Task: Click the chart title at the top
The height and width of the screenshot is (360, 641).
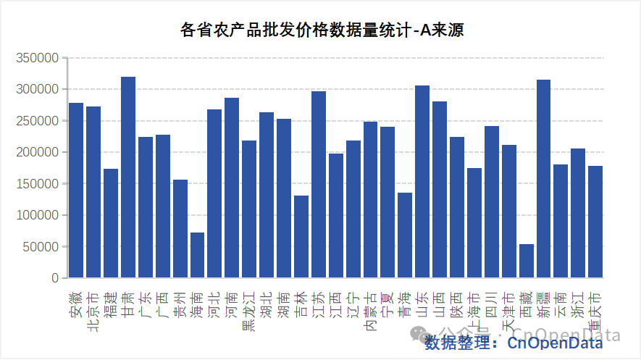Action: coord(322,30)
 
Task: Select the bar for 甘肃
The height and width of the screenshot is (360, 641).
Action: coord(128,177)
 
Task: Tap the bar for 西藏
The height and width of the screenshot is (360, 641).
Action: coord(527,261)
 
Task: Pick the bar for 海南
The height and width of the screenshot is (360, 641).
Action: coord(197,255)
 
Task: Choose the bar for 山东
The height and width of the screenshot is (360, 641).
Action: coord(422,182)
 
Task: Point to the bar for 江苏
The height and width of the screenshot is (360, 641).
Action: coord(319,185)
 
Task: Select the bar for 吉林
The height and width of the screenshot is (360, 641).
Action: coord(301,237)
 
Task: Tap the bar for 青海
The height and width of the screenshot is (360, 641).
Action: coord(405,235)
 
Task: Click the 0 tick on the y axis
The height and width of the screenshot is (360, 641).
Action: coord(54,278)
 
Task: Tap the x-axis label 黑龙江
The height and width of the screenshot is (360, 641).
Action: coord(249,311)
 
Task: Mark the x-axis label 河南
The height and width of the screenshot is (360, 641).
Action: coord(232,304)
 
